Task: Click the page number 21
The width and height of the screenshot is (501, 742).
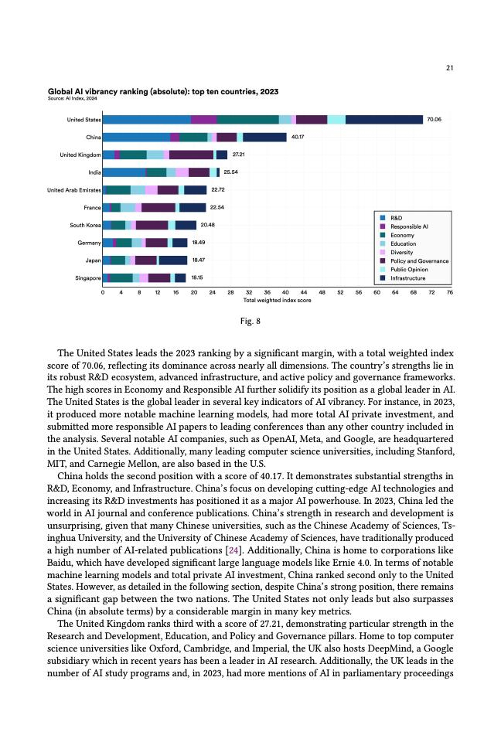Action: click(449, 69)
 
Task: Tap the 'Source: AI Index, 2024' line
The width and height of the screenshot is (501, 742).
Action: click(72, 99)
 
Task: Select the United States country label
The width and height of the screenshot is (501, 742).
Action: click(83, 120)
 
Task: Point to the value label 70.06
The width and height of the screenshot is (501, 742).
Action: click(434, 120)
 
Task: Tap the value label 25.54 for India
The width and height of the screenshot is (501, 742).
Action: click(230, 172)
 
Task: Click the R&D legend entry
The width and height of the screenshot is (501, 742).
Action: click(396, 219)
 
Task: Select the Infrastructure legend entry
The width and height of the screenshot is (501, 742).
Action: click(407, 278)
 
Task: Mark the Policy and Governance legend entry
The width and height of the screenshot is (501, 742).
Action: click(419, 261)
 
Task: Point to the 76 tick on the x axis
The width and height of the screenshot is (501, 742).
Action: click(450, 293)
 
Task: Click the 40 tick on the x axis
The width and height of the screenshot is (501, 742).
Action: click(285, 293)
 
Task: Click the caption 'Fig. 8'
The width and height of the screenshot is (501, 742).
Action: click(250, 321)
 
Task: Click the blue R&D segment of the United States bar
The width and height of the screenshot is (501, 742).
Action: click(147, 120)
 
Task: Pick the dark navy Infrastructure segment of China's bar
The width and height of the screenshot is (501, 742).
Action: click(264, 138)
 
